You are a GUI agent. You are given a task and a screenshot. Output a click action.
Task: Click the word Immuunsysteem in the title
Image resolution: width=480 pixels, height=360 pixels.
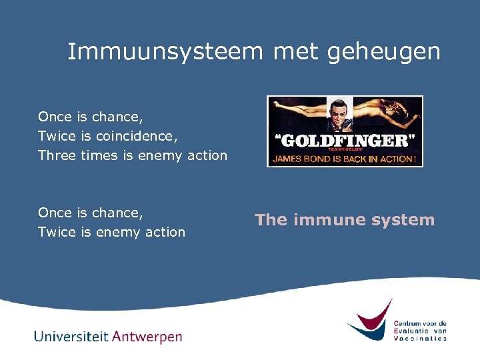[x=165, y=52]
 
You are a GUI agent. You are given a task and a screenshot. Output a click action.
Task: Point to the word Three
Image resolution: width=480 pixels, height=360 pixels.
[x=57, y=155]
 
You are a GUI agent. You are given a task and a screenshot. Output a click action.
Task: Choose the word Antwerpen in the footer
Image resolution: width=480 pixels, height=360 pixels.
[x=146, y=337]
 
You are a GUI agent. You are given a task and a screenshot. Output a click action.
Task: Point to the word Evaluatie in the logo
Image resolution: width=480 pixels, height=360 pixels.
[x=411, y=331]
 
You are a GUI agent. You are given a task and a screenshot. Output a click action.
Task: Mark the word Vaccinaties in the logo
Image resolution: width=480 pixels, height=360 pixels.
[x=420, y=338]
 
